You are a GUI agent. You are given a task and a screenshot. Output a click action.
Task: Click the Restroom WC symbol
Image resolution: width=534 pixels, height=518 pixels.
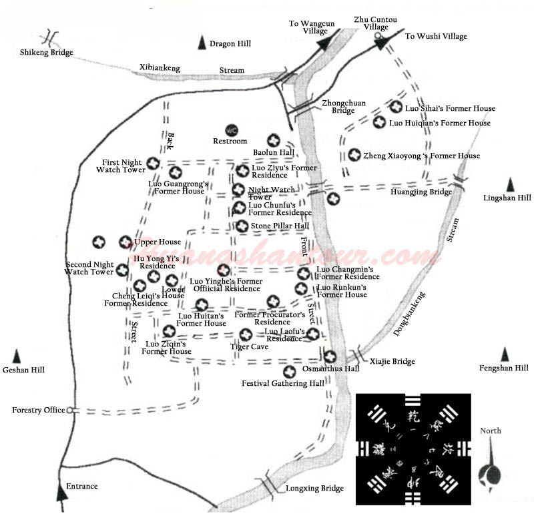(232, 130)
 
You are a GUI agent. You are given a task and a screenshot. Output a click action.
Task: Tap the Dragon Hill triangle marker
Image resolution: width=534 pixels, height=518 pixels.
(202, 44)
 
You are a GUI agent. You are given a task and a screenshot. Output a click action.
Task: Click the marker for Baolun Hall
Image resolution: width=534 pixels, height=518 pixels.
(273, 140)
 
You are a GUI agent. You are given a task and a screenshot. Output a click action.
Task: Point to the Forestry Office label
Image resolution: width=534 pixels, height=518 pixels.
(39, 410)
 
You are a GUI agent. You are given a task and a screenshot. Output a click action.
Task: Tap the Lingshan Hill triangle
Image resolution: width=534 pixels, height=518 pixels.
(511, 185)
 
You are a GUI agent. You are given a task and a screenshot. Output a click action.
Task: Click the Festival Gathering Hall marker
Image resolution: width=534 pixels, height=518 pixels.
(290, 372)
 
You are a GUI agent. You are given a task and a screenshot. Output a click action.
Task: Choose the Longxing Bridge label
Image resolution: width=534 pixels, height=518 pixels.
(314, 489)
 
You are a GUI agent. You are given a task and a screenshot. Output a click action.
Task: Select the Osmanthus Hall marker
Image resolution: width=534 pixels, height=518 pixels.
(330, 356)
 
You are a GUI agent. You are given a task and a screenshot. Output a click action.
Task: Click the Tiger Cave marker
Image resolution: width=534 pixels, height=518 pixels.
(246, 334)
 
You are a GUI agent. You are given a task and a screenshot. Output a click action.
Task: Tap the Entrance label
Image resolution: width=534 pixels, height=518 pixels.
(82, 486)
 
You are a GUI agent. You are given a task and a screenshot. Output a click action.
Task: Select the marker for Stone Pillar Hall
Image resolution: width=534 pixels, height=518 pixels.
(242, 226)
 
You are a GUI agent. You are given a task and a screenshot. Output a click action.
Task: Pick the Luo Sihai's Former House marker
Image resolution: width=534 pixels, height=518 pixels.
(396, 107)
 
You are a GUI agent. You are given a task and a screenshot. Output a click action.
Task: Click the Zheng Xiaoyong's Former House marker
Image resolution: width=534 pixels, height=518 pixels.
(354, 155)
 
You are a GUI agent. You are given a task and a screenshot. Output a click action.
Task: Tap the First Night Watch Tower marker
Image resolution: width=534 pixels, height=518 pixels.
(153, 163)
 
